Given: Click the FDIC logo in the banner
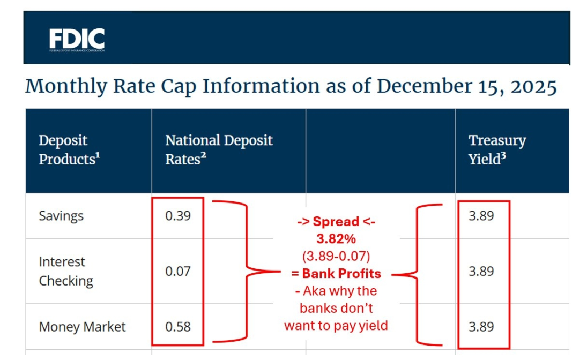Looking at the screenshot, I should (77, 39).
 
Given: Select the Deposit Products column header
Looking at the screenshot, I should (69, 149).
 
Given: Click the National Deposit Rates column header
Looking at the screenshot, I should (219, 149).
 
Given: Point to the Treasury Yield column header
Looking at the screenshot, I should (497, 149).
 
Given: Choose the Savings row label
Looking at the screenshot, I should (61, 216).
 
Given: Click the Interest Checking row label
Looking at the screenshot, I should (65, 271).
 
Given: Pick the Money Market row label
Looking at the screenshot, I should (82, 327).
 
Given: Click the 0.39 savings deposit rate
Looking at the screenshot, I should (178, 216).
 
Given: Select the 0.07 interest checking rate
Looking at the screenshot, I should (178, 271).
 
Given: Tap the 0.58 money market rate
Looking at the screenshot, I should (178, 327).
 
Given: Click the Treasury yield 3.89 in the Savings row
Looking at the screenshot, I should (481, 216).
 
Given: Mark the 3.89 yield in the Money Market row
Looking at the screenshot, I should (481, 327).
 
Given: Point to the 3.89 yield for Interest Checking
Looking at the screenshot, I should (481, 271).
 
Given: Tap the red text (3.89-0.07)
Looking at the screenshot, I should (336, 257).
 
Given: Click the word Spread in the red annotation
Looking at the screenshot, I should (336, 222).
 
